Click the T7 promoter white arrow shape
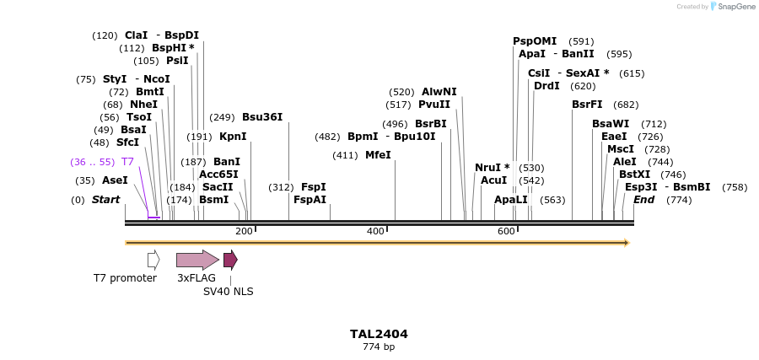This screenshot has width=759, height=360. click(x=153, y=260)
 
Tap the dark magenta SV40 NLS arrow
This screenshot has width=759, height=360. click(x=230, y=260)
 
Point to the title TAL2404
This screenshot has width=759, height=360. click(x=379, y=334)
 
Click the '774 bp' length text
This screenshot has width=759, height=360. click(x=379, y=347)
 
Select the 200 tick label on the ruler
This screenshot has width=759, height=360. click(x=244, y=231)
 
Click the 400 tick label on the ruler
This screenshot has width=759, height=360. click(x=375, y=231)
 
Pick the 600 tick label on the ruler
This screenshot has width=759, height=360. click(x=506, y=231)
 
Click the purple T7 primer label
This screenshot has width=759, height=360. click(x=127, y=161)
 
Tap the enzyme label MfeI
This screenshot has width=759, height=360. click(x=378, y=155)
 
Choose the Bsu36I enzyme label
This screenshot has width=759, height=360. click(x=262, y=117)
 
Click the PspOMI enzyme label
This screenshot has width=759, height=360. click(x=535, y=40)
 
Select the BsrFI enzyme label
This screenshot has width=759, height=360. click(x=587, y=105)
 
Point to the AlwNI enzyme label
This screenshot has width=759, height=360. click(x=439, y=92)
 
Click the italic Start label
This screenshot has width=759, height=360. click(x=105, y=200)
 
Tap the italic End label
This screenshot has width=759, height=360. click(x=643, y=200)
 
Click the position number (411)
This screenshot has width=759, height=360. click(x=345, y=155)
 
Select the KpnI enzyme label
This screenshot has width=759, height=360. click(x=233, y=137)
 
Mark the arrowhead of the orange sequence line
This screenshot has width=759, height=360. click(x=627, y=243)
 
